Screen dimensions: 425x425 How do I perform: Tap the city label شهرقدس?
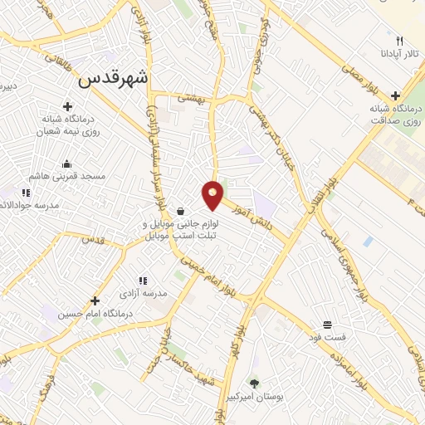point(115,80)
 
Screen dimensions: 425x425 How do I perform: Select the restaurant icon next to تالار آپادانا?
point(400,41)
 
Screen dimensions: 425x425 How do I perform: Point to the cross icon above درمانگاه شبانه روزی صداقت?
point(394,95)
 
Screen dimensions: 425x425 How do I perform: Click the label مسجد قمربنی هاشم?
point(66,177)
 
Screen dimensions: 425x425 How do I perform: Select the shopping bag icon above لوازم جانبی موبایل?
point(180,210)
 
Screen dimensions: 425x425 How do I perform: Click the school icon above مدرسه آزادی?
point(143,281)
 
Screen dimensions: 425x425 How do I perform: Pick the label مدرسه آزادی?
point(144,294)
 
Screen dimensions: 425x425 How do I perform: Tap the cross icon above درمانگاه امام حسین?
point(95,300)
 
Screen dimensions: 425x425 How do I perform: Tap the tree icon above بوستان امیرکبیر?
point(254,383)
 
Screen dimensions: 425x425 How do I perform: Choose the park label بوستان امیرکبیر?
point(254,398)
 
